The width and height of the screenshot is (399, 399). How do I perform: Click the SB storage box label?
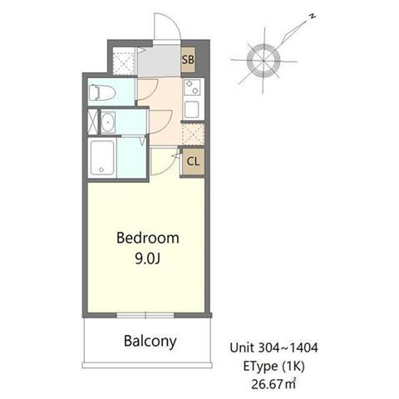(188, 60)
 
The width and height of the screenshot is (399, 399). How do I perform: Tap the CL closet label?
(193, 161)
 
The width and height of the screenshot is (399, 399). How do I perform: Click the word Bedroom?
(148, 239)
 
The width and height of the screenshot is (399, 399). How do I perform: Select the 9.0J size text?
(148, 259)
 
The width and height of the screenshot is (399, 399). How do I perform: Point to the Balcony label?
(150, 342)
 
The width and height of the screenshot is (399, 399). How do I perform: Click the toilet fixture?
(102, 92)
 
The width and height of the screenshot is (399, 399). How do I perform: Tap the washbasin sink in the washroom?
(108, 123)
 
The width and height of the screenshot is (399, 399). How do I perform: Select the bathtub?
(101, 158)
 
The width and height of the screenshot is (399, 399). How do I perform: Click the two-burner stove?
(193, 87)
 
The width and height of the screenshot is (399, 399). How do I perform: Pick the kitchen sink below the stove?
(192, 109)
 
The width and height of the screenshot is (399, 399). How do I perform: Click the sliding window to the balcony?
(145, 315)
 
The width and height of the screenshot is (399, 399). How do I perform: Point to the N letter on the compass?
(313, 17)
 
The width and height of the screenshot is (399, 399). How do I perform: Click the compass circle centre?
(264, 60)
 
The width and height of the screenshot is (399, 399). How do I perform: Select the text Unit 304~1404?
(273, 347)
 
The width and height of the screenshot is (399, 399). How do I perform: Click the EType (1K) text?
(273, 367)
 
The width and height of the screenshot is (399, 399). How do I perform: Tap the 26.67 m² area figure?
(273, 384)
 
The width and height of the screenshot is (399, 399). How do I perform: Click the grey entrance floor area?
(159, 61)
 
